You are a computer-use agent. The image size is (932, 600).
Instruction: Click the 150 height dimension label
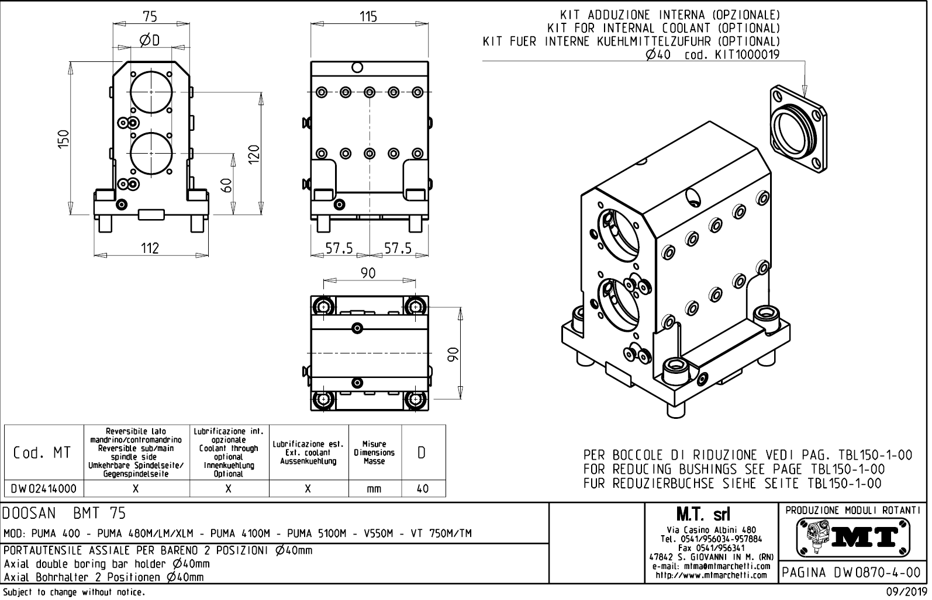pyautogui.click(x=64, y=139)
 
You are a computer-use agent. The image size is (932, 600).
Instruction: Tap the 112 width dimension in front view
pyautogui.click(x=150, y=248)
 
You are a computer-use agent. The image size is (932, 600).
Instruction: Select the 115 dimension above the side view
pyautogui.click(x=368, y=16)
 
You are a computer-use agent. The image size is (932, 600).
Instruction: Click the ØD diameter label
pyautogui.click(x=150, y=40)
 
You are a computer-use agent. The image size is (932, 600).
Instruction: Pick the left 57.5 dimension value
pyautogui.click(x=339, y=248)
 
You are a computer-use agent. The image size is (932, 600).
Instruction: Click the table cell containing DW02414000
pyautogui.click(x=43, y=489)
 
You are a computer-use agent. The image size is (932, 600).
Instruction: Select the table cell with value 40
pyautogui.click(x=422, y=489)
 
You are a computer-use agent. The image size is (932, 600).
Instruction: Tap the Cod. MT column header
pyautogui.click(x=43, y=453)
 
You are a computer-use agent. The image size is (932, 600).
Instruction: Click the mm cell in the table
pyautogui.click(x=374, y=489)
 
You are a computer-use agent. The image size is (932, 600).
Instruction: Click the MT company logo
pyautogui.click(x=853, y=537)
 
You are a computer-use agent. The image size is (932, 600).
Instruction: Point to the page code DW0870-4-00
pyautogui.click(x=853, y=573)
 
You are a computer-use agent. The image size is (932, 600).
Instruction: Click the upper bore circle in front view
pyautogui.click(x=151, y=92)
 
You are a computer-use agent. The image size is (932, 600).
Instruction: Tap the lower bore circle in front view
pyautogui.click(x=151, y=154)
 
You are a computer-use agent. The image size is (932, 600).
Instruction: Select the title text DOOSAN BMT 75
pyautogui.click(x=64, y=514)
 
